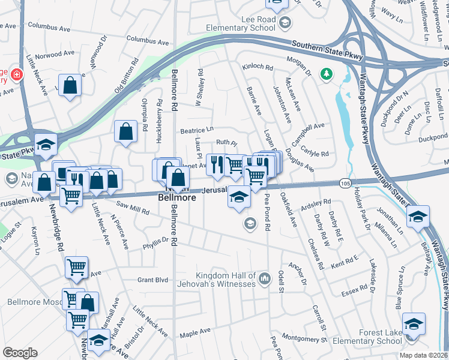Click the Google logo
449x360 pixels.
(20, 353)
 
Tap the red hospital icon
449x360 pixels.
(16, 75)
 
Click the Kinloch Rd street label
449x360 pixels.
(255, 67)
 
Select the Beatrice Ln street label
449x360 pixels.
(196, 129)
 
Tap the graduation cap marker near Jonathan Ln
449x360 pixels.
(418, 217)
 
